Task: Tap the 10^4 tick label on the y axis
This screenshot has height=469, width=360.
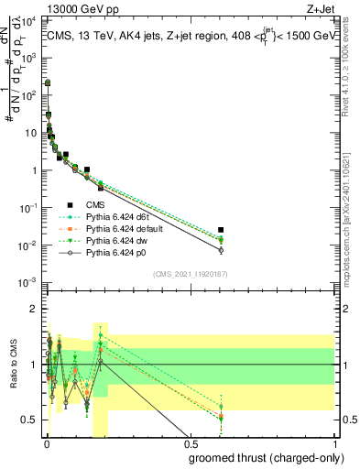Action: point(27,19)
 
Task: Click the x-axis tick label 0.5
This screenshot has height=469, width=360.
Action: point(190,442)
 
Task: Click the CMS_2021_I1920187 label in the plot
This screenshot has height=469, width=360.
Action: point(190,273)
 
